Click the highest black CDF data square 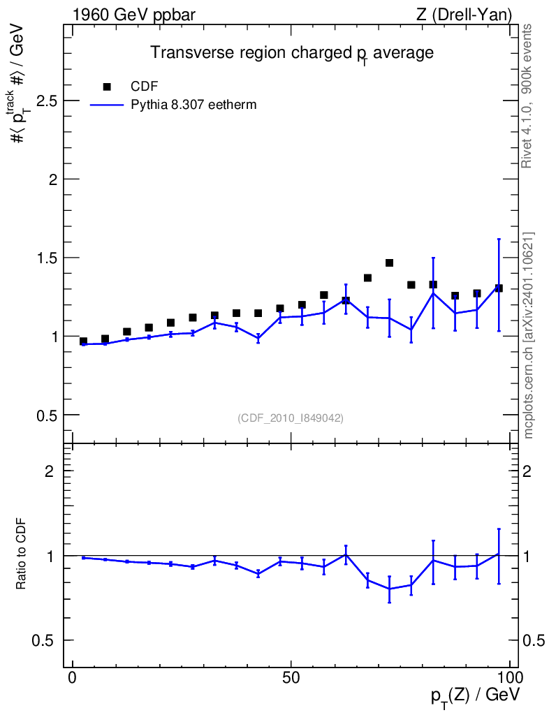(x=389, y=263)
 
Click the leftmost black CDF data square (x=83, y=341)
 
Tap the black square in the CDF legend (x=107, y=87)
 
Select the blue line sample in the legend (x=107, y=105)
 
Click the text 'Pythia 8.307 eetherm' (x=193, y=105)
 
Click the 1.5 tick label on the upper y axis (x=47, y=258)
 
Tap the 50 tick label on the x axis (x=291, y=678)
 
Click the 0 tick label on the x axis (x=73, y=678)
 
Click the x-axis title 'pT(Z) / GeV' (x=475, y=696)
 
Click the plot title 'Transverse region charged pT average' (x=292, y=53)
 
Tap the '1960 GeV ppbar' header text (x=134, y=15)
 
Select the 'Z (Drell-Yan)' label (x=464, y=15)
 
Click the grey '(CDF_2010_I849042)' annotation (x=291, y=418)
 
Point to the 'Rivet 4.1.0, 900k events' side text (x=527, y=96)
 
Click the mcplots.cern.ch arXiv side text (x=528, y=336)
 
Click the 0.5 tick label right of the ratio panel (x=534, y=640)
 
